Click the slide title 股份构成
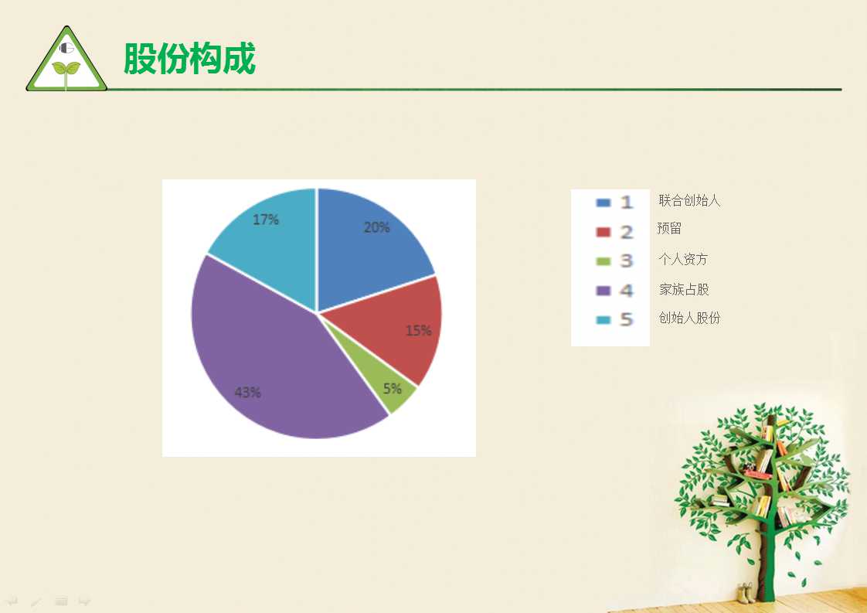(x=189, y=58)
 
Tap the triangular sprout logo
(x=66, y=59)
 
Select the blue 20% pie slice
(x=370, y=243)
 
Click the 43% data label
(x=247, y=392)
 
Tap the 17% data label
(x=265, y=220)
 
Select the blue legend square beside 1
(x=603, y=203)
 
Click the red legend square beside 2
(x=603, y=232)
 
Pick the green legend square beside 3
(x=603, y=261)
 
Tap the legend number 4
(x=626, y=291)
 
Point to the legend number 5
(x=626, y=319)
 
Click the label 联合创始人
(x=689, y=200)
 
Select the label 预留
(x=669, y=228)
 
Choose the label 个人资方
(x=683, y=259)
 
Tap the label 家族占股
(x=683, y=289)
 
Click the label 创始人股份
(x=689, y=318)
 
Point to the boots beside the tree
(x=746, y=593)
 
